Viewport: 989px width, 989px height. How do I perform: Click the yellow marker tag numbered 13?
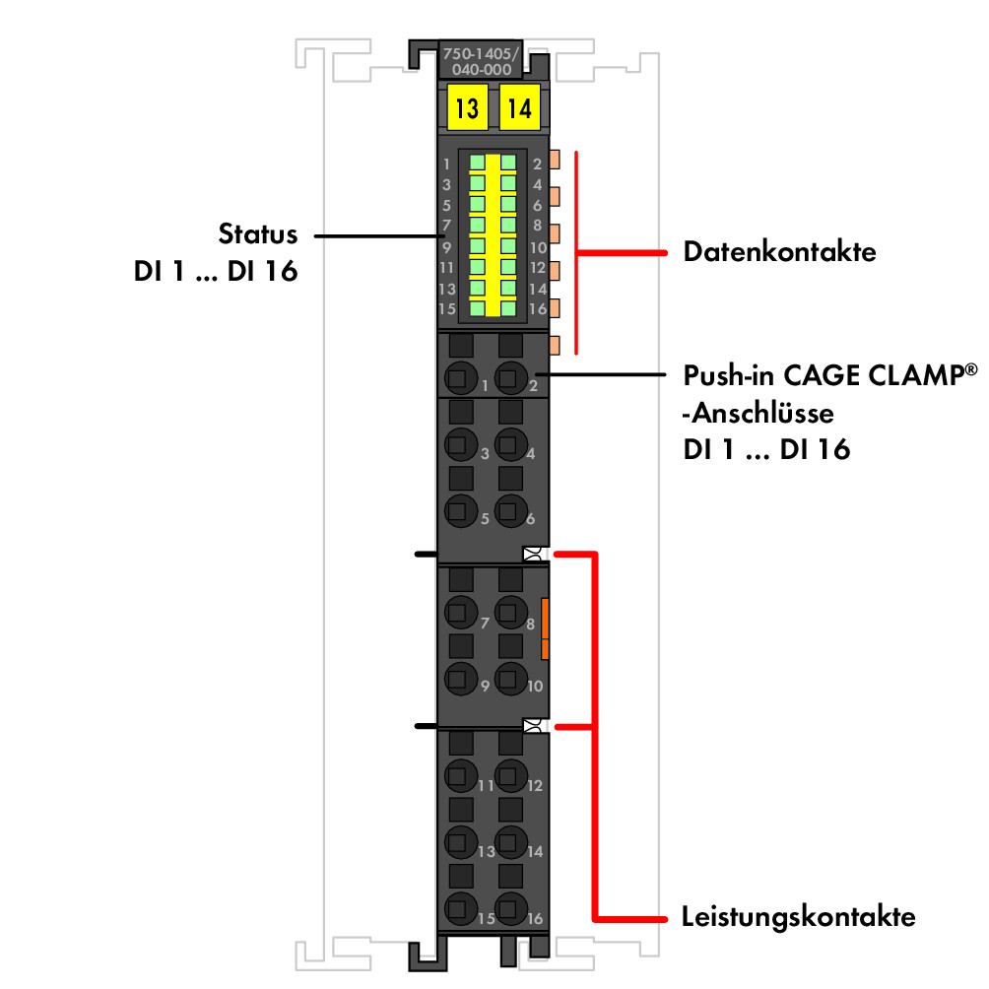467,107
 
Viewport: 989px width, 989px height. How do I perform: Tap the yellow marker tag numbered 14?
520,107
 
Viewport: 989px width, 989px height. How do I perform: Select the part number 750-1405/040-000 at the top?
481,61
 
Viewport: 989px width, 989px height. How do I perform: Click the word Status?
257,234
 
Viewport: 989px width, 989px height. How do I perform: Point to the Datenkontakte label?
779,251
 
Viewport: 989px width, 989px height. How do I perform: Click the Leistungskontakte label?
799,916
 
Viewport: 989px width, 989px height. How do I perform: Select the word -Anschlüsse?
758,413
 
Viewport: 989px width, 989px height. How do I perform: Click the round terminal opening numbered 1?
460,378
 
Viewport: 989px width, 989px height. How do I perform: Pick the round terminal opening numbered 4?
511,444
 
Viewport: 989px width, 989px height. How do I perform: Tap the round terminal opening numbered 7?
460,612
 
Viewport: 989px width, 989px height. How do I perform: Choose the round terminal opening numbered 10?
511,679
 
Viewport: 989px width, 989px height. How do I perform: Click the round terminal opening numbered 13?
460,842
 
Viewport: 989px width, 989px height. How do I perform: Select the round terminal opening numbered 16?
511,908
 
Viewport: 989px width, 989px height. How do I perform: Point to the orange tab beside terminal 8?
545,628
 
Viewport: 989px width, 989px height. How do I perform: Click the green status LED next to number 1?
478,163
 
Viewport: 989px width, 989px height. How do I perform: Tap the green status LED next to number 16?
508,308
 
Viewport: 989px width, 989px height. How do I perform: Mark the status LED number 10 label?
538,248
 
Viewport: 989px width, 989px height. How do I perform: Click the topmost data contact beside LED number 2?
555,160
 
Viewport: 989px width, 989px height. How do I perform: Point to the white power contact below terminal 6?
534,555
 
